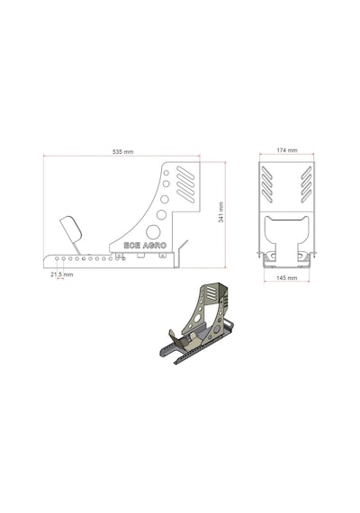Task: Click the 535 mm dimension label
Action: point(123,152)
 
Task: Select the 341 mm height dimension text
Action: point(221,212)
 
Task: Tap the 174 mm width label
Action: point(287,150)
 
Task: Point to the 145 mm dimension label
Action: point(287,278)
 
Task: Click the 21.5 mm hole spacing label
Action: point(62,274)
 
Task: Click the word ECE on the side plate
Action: point(132,246)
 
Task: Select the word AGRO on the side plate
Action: point(155,246)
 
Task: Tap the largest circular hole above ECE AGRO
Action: point(153,232)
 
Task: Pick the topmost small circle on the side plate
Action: point(166,173)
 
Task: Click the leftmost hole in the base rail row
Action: point(57,258)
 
